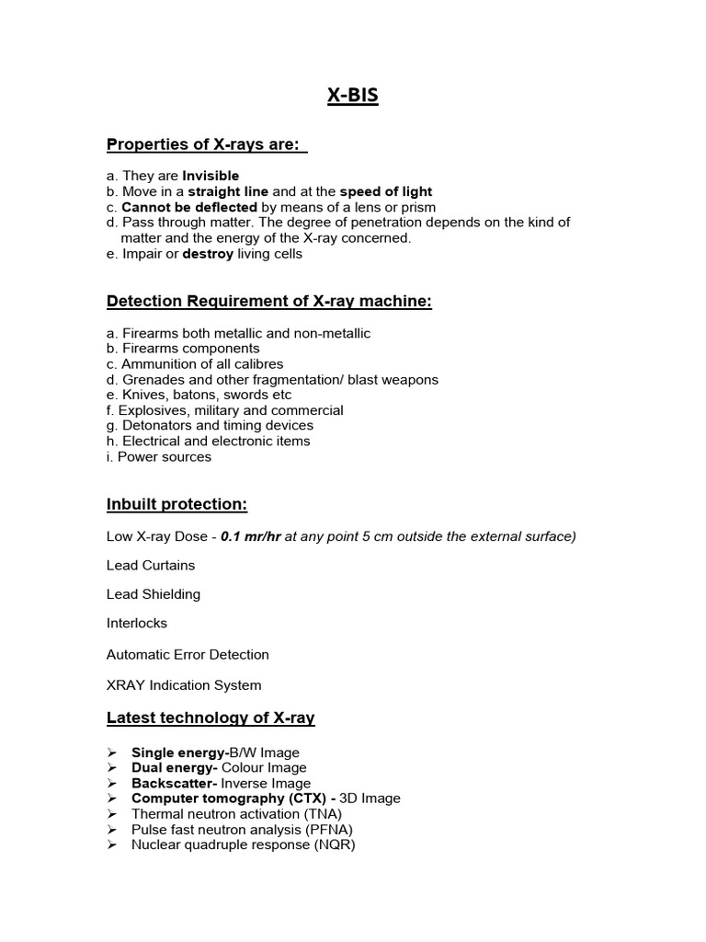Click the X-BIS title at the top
click(x=352, y=96)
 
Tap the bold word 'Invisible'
click(x=211, y=176)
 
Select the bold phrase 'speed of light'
click(x=386, y=191)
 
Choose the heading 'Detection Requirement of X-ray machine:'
click(x=268, y=301)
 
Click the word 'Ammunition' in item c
click(x=157, y=364)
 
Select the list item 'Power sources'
click(x=165, y=457)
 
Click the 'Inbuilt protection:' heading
click(x=176, y=504)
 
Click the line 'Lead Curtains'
click(x=151, y=565)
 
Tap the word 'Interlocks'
click(x=137, y=623)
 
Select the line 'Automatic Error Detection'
click(x=188, y=655)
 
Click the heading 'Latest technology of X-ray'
click(x=211, y=718)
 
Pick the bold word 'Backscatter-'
click(x=170, y=783)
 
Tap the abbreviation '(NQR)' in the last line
click(x=334, y=844)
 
